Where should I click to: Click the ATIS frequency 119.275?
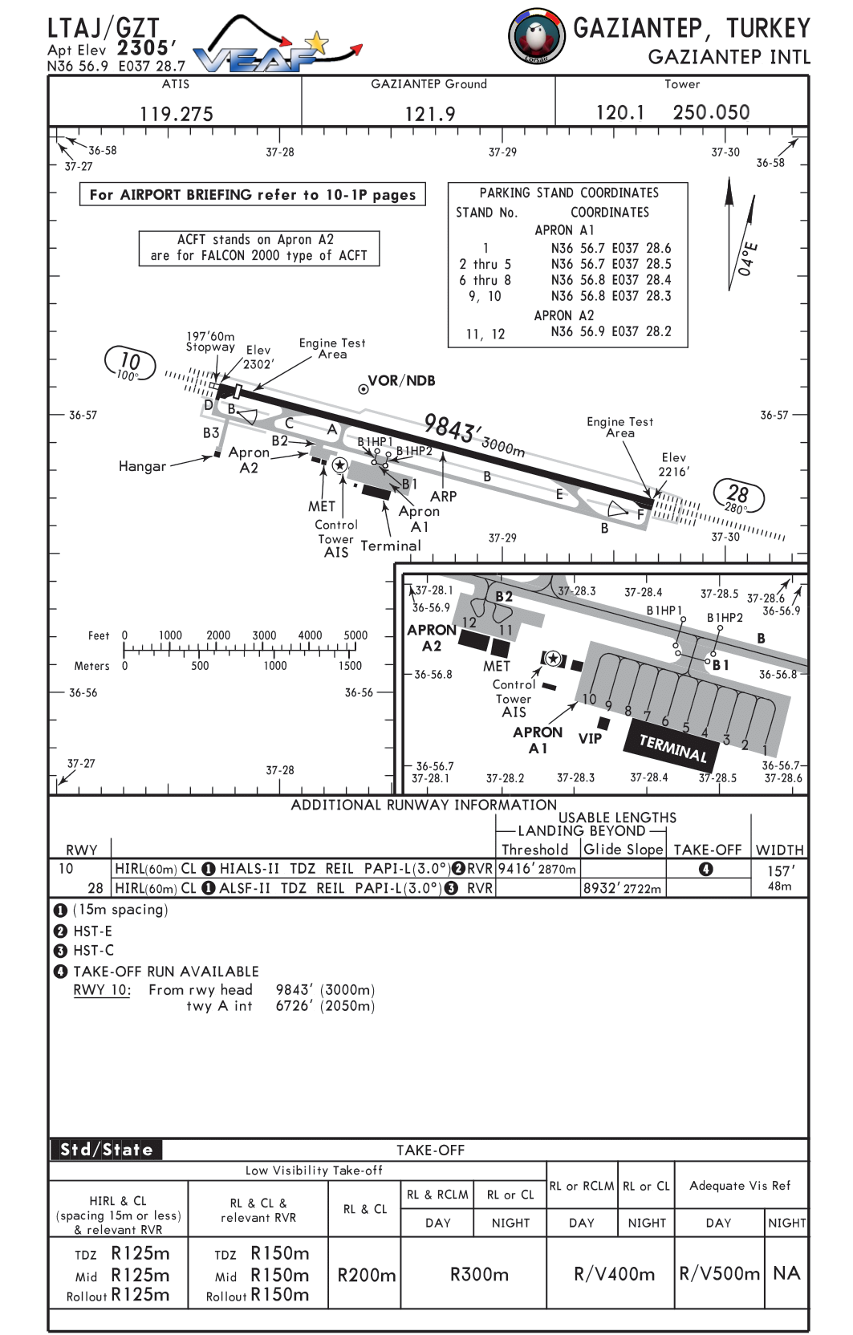point(176,114)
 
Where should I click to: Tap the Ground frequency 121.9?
point(430,114)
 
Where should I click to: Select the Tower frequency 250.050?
point(711,112)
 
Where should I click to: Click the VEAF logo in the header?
point(278,45)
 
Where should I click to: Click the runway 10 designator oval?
point(130,363)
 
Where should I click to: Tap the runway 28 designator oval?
point(738,496)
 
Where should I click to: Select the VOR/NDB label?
point(401,380)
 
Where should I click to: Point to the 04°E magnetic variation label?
point(748,258)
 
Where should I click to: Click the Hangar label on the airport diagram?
point(142,466)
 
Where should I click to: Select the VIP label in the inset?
point(590,738)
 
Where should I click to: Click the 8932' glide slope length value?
point(622,888)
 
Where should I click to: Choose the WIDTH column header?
point(780,850)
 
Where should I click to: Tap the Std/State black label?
point(106,1150)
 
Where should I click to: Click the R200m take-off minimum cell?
point(366,1275)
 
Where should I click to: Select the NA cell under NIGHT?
point(786,1273)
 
